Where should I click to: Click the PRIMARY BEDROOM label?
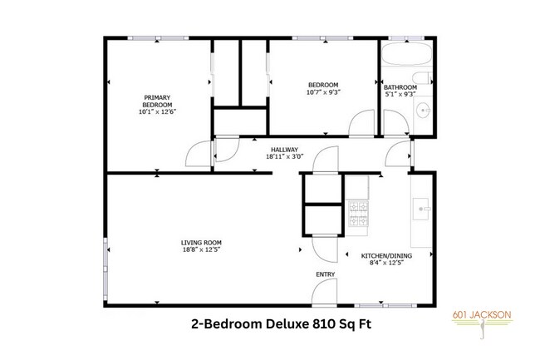point(156,101)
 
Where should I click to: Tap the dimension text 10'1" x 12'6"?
point(156,112)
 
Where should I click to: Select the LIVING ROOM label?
point(201,242)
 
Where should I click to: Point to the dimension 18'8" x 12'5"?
point(201,249)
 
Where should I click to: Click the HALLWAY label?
point(285,150)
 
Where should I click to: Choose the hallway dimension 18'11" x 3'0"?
point(285,156)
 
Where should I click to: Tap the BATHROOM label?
point(400,87)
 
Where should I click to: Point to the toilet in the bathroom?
point(424,79)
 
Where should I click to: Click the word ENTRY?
point(325,274)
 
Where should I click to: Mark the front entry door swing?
point(322,288)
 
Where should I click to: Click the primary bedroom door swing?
point(197,151)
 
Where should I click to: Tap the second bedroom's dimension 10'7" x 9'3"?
point(323,91)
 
